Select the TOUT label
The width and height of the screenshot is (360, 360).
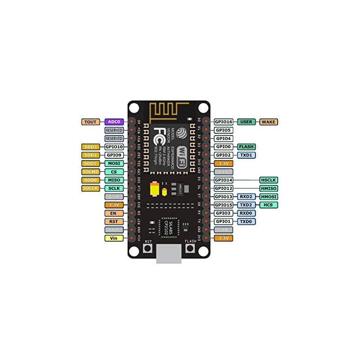coord(90,122)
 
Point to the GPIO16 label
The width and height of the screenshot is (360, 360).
coord(223,122)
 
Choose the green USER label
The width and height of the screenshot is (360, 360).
coord(246,122)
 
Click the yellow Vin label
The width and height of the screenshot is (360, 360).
coord(113,238)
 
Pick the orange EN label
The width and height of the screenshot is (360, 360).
coord(113,213)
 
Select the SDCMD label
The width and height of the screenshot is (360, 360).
coord(90,171)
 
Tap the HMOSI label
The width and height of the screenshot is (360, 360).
coord(269,197)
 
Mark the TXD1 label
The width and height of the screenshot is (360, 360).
coord(246,155)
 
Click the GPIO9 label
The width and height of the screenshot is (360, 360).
coord(113,155)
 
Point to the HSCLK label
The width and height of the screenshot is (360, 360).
coord(269,180)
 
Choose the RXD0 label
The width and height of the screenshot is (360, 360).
coord(246,213)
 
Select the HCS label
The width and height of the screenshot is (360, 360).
coord(269,205)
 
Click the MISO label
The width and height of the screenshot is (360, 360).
coord(113,180)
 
